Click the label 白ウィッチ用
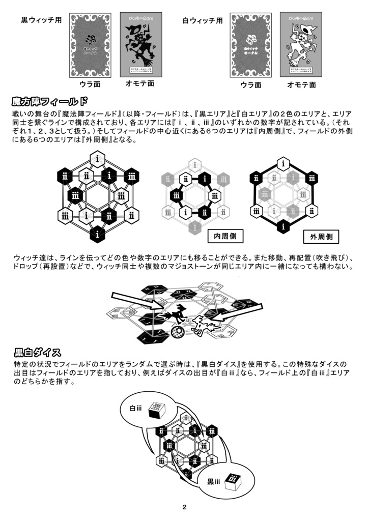pyautogui.click(x=203, y=21)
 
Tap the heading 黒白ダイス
pyautogui.click(x=38, y=352)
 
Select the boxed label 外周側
pyautogui.click(x=321, y=237)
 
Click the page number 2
pyautogui.click(x=184, y=507)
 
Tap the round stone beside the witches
pyautogui.click(x=178, y=332)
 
